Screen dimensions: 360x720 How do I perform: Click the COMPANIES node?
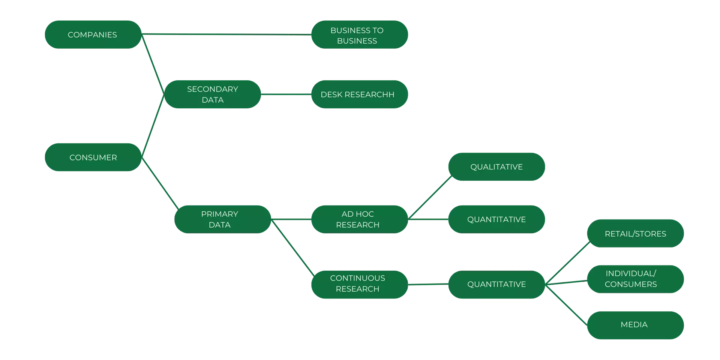(x=93, y=34)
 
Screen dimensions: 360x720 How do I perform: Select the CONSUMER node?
(x=93, y=157)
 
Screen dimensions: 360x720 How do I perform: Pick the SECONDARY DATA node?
(x=212, y=94)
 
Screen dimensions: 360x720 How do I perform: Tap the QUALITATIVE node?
(x=496, y=167)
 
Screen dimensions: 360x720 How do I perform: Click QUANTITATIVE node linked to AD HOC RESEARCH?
(x=496, y=219)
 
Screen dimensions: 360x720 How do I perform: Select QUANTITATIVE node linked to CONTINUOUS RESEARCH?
(x=496, y=284)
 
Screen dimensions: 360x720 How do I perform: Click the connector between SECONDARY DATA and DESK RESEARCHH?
(x=286, y=94)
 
